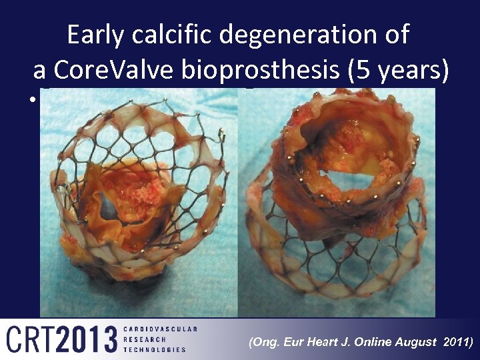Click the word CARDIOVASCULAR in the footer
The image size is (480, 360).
160,329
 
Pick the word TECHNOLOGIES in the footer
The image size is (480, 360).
155,350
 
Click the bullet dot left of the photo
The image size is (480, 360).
31,101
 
